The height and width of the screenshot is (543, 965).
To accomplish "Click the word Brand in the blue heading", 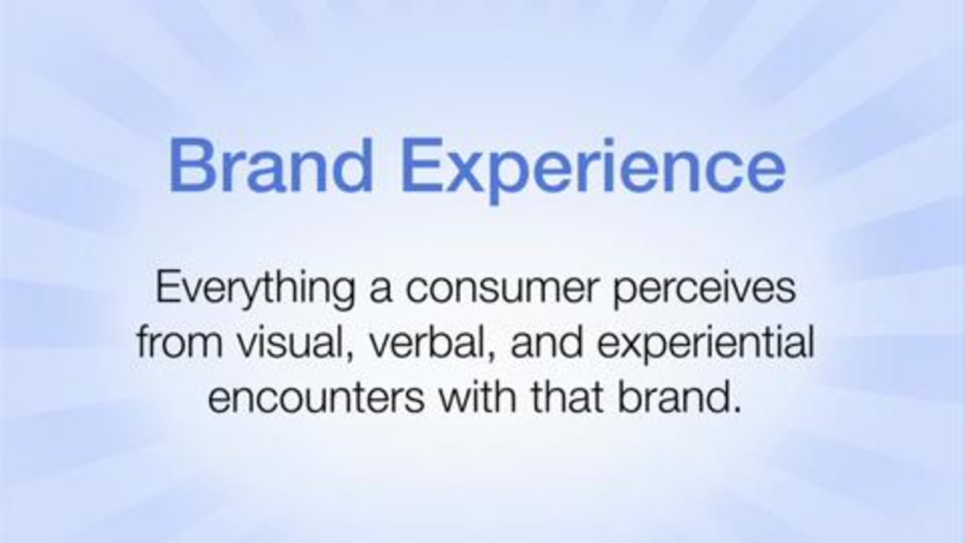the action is click(x=271, y=165).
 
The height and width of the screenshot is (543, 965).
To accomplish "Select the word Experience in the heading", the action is click(x=593, y=171).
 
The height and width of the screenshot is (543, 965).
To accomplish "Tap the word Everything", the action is click(x=256, y=289).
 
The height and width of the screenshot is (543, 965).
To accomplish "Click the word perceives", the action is click(x=704, y=289).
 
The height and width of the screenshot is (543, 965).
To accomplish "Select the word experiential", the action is click(x=706, y=345).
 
